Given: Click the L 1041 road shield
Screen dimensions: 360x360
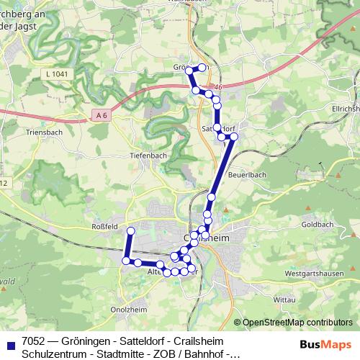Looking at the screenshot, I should click(56, 73).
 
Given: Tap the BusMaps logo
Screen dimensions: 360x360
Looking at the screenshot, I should click(325, 346).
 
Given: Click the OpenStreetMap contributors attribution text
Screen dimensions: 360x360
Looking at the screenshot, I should click(297, 323).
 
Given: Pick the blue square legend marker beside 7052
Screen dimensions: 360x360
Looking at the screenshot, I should click(11, 347).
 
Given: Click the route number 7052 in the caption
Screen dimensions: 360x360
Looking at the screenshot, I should click(36, 341).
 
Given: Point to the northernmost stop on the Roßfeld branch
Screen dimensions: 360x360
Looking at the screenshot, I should click(131, 230).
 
